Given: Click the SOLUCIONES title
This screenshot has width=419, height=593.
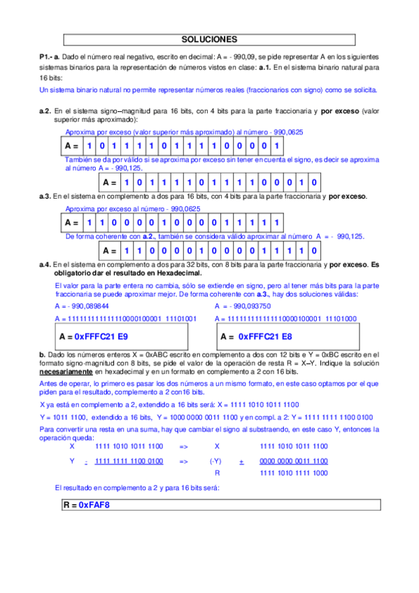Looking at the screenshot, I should point(208,40).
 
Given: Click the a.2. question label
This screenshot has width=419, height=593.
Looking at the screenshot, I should point(45,111).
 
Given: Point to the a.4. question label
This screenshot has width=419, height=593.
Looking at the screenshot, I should point(45,265).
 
